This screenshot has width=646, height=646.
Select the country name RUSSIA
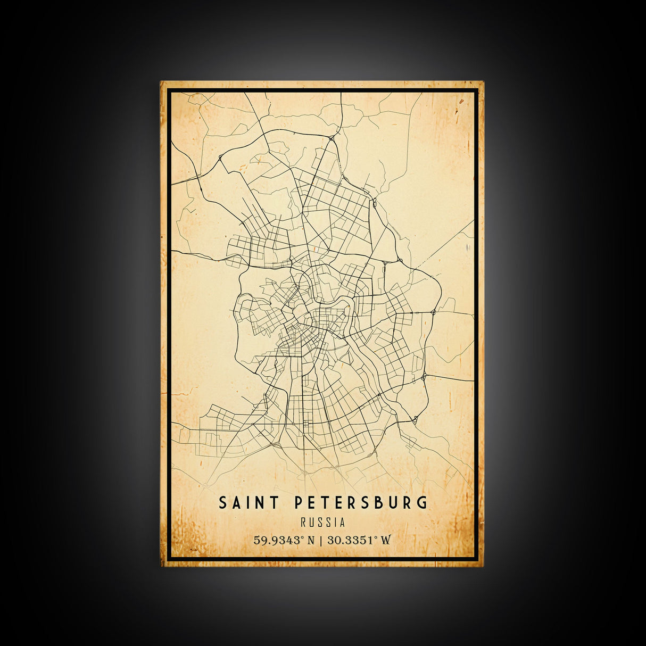pos(322,523)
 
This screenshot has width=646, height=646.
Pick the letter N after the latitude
pos(311,540)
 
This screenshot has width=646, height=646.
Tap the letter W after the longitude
pos(386,540)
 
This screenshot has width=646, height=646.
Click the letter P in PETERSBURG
pos(299,502)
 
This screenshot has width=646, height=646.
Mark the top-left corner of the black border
pos(168,90)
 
